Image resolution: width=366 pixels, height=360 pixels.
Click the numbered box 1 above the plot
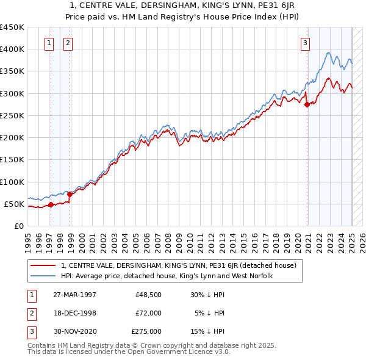coord(49,43)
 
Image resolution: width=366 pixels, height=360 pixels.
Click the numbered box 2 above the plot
coord(67,43)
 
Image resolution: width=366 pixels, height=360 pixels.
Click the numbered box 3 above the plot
coord(305,43)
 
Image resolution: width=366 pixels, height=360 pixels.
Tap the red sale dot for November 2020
coord(307,104)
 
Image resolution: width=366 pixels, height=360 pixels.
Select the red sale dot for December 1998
coord(70,194)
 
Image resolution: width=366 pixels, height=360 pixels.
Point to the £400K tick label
coord(12,49)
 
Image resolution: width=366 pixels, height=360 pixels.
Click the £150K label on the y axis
coord(12,160)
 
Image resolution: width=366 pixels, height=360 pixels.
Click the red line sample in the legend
coord(44,265)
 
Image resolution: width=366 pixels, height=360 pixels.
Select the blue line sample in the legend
coord(44,276)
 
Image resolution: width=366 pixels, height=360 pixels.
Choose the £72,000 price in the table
coord(148,313)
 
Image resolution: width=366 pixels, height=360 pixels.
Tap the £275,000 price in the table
coord(146,331)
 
